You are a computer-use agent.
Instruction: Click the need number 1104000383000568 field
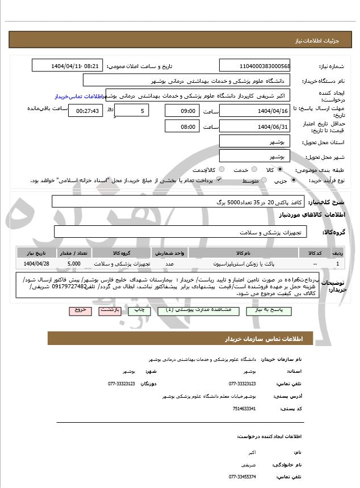254,66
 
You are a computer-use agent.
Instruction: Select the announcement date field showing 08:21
68,66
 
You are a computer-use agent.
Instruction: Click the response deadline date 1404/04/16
254,110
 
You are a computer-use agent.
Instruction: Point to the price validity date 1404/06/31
254,126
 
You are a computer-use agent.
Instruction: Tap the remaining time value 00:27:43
85,111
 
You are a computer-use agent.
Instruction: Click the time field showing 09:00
182,111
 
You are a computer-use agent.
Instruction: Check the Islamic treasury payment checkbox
219,180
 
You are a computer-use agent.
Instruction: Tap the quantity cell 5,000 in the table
73,264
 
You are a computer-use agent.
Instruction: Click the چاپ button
137,310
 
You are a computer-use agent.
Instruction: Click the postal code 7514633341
244,409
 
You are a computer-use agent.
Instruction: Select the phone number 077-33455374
242,477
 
